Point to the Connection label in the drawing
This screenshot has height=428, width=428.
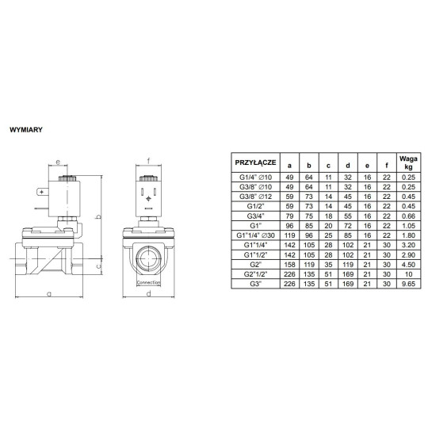pos(148,282)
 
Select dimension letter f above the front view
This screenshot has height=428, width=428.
pos(148,159)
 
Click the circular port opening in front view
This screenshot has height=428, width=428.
pos(148,259)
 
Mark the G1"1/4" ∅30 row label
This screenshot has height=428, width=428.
pos(255,235)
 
